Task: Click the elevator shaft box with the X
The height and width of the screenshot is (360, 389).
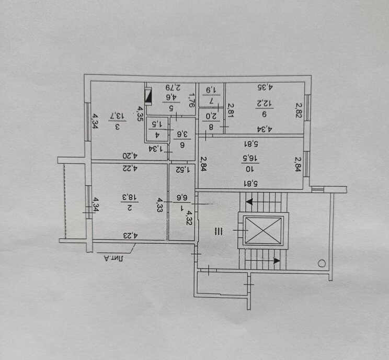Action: (264, 230)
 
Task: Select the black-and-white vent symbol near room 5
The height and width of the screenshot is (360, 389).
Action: (149, 96)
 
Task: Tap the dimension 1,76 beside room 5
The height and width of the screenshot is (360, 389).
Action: (191, 99)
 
